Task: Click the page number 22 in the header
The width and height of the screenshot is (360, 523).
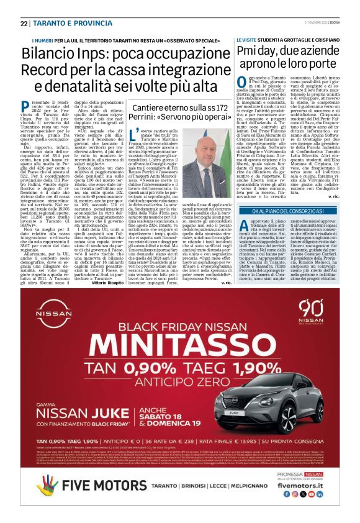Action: click(x=24, y=23)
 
